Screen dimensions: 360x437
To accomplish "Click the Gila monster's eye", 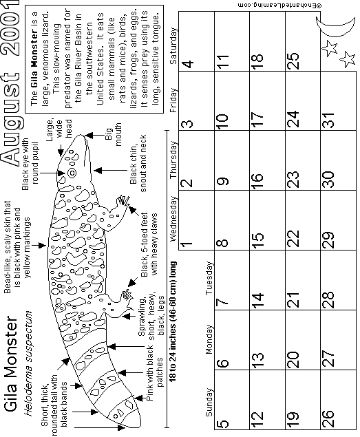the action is (x=72, y=173).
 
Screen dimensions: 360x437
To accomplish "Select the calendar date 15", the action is (x=259, y=237).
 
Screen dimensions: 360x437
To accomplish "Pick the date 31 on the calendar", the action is (x=328, y=120).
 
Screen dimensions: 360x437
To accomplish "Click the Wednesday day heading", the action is (x=173, y=219).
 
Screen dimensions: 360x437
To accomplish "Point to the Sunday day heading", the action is (x=209, y=403).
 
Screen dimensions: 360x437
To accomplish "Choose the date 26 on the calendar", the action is (x=328, y=418).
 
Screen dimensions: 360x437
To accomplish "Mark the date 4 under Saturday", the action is (x=188, y=64).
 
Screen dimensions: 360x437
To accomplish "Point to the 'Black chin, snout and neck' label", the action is (x=138, y=164).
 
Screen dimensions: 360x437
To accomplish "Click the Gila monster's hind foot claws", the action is (x=127, y=295).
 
